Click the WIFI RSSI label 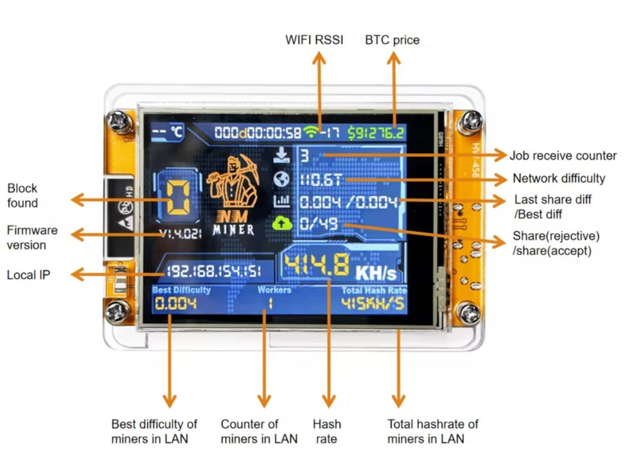[x=314, y=40]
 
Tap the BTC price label [x=392, y=40]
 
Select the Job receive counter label [x=563, y=156]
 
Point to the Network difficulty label [x=558, y=179]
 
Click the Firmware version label [x=32, y=237]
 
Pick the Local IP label [x=28, y=275]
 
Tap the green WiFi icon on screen [x=312, y=132]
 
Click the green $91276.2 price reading [x=376, y=132]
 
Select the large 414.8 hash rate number [x=317, y=266]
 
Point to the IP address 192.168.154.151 [x=211, y=271]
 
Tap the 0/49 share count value [x=319, y=225]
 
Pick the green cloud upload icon [x=279, y=224]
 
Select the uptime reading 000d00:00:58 [x=258, y=132]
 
